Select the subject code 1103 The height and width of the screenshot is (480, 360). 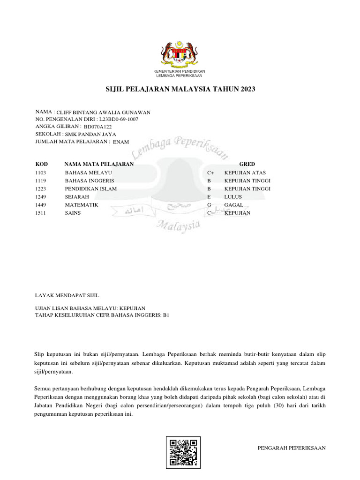[41, 172]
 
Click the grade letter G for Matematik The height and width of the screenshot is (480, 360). [210, 205]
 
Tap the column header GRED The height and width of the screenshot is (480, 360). [247, 164]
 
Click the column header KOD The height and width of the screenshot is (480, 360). [42, 164]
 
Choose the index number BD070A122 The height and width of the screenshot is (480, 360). [98, 127]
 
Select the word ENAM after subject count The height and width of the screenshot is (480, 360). [121, 142]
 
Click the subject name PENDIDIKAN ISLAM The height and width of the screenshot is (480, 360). [91, 189]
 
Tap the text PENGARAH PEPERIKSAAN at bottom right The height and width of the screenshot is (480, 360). [292, 448]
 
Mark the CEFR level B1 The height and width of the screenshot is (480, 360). [165, 315]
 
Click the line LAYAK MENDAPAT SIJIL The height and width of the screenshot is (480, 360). [67, 295]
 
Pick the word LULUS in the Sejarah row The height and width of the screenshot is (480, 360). [233, 197]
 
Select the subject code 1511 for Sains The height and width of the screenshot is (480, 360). [41, 213]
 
